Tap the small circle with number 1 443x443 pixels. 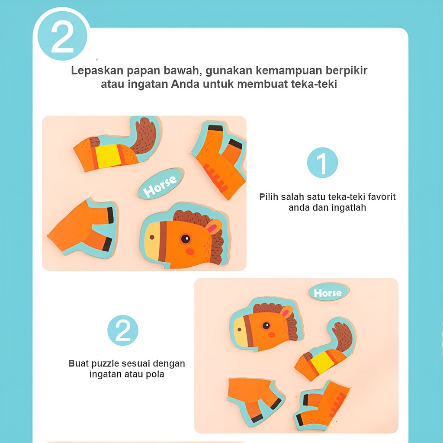coord(322,163)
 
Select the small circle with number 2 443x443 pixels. coord(122,330)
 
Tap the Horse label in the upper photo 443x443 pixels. coord(161,183)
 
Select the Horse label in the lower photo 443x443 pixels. coord(329,292)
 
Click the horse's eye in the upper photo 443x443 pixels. coord(186,239)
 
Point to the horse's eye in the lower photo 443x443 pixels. coord(266,325)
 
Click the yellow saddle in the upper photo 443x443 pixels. coord(108,156)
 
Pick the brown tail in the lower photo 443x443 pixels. coord(343,336)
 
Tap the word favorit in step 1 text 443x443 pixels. coord(381,197)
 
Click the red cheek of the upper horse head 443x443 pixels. coord(190,251)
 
